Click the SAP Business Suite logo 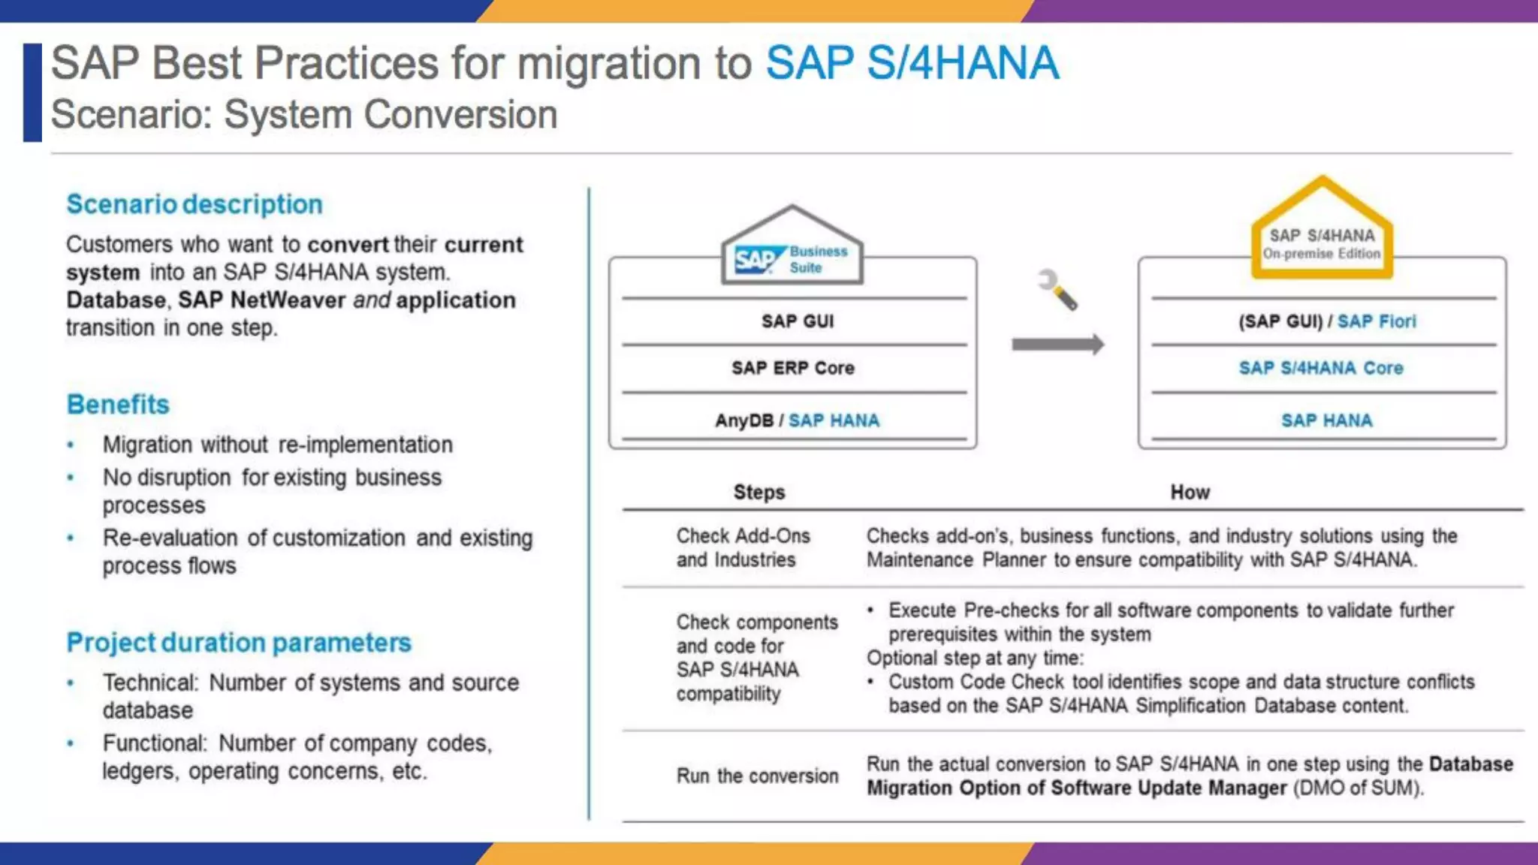(792, 259)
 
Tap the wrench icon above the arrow (1057, 290)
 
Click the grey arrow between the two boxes (1057, 345)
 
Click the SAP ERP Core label (793, 368)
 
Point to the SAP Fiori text (1377, 321)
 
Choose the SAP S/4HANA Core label (1321, 368)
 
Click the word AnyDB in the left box (743, 420)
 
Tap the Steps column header (759, 493)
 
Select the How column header (1190, 493)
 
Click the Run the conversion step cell (757, 776)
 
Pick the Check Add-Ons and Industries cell (743, 547)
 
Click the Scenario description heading (195, 204)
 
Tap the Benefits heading (118, 405)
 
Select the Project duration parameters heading (239, 643)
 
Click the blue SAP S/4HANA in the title (912, 63)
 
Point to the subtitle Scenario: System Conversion (304, 115)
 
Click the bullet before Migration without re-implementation (71, 445)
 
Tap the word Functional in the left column (153, 743)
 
